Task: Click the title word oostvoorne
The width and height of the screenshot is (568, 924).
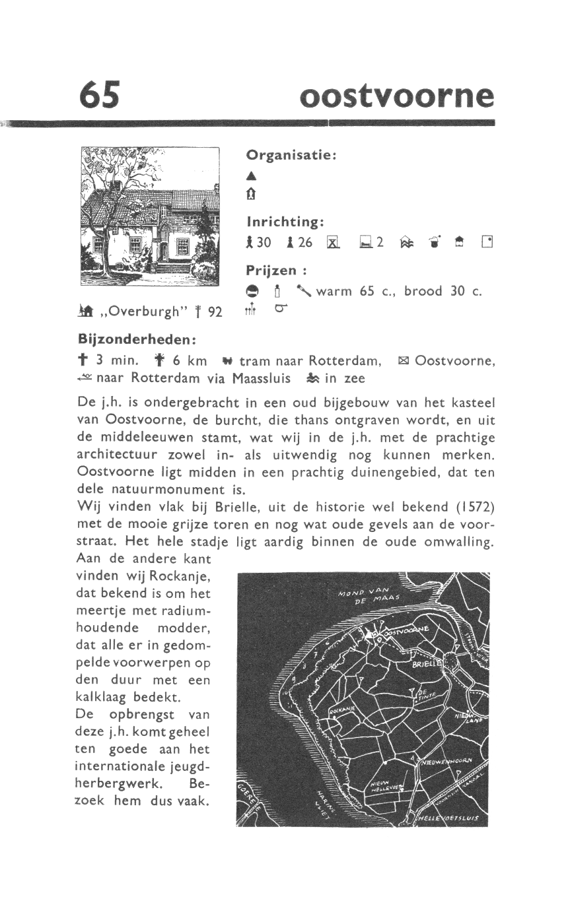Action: (396, 96)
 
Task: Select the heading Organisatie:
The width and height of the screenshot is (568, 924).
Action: (291, 155)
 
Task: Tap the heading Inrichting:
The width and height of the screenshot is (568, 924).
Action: (285, 220)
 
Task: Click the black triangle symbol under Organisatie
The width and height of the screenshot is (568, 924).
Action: (250, 176)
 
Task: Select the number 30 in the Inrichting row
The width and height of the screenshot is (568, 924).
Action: (264, 243)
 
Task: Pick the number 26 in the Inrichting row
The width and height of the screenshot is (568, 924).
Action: (304, 243)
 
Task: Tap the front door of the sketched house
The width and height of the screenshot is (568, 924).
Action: (162, 251)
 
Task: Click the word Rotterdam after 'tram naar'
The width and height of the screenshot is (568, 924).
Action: (345, 361)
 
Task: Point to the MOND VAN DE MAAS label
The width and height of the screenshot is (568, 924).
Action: (367, 595)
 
